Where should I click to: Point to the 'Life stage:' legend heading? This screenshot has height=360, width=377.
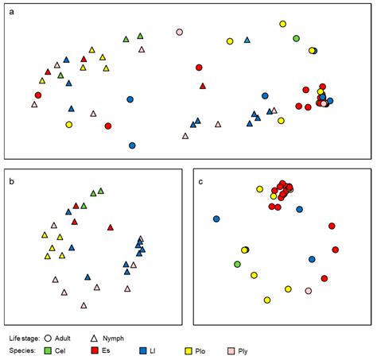[x=25, y=338]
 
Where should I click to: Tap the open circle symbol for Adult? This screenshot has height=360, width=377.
[x=59, y=338]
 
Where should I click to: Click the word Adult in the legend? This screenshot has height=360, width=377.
[x=76, y=338]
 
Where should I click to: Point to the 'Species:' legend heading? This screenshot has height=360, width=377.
[x=21, y=350]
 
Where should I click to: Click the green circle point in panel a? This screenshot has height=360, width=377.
[x=296, y=37]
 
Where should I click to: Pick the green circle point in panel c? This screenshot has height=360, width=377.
[x=237, y=264]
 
